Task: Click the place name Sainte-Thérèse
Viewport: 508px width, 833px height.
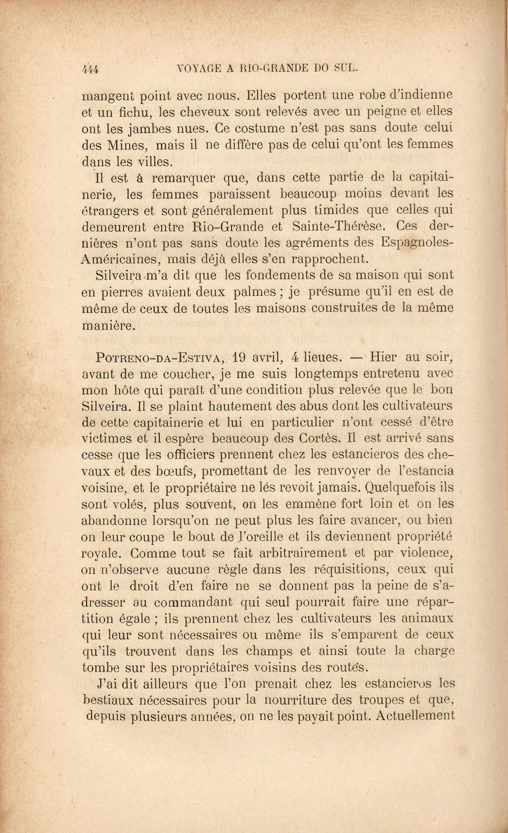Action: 339,226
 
